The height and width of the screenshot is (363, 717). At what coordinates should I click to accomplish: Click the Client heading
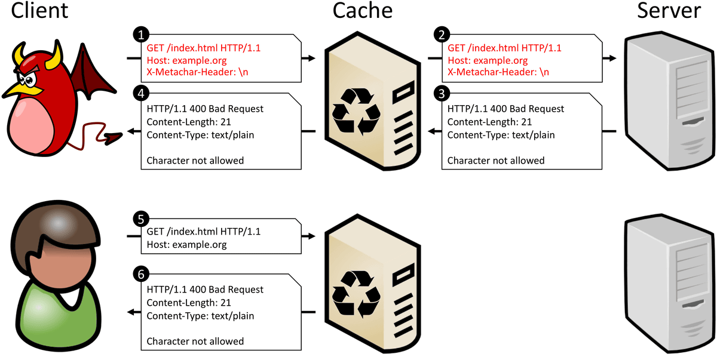tap(39, 11)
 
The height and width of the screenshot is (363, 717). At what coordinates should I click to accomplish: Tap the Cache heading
tap(362, 11)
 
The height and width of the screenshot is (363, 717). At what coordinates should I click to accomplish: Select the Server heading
tap(669, 11)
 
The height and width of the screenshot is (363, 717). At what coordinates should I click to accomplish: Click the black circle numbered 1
tap(141, 35)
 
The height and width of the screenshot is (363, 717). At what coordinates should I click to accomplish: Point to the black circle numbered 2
tap(442, 35)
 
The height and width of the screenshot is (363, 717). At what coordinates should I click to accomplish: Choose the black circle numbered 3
tap(442, 94)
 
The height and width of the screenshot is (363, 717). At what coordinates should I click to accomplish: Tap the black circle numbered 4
tap(141, 94)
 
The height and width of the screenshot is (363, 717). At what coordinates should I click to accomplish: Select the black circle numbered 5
tap(141, 219)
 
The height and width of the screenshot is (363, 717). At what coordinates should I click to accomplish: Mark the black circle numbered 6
tap(141, 274)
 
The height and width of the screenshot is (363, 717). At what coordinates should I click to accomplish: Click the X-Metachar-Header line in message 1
tap(197, 72)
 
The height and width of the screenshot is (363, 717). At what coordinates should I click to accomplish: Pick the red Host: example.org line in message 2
tap(488, 60)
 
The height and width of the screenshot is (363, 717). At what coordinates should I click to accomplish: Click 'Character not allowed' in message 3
tap(496, 161)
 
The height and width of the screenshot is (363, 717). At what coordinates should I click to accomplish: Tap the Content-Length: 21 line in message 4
tap(189, 122)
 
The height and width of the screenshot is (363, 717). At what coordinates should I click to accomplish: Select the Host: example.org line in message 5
tap(186, 245)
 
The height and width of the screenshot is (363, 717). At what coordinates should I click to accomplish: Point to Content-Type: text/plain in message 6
tap(200, 316)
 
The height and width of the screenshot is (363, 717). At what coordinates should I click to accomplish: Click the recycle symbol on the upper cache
tap(356, 111)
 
